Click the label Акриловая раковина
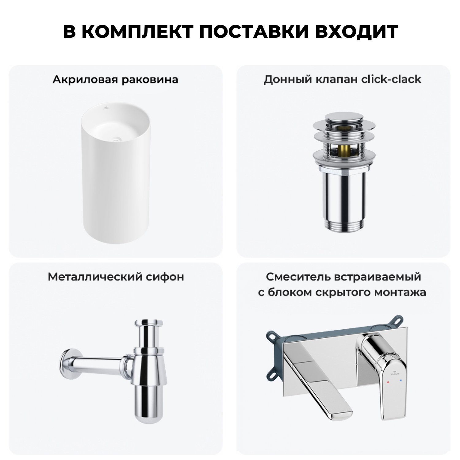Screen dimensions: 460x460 tap(115, 79)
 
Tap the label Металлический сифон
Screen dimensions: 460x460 tap(116, 277)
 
